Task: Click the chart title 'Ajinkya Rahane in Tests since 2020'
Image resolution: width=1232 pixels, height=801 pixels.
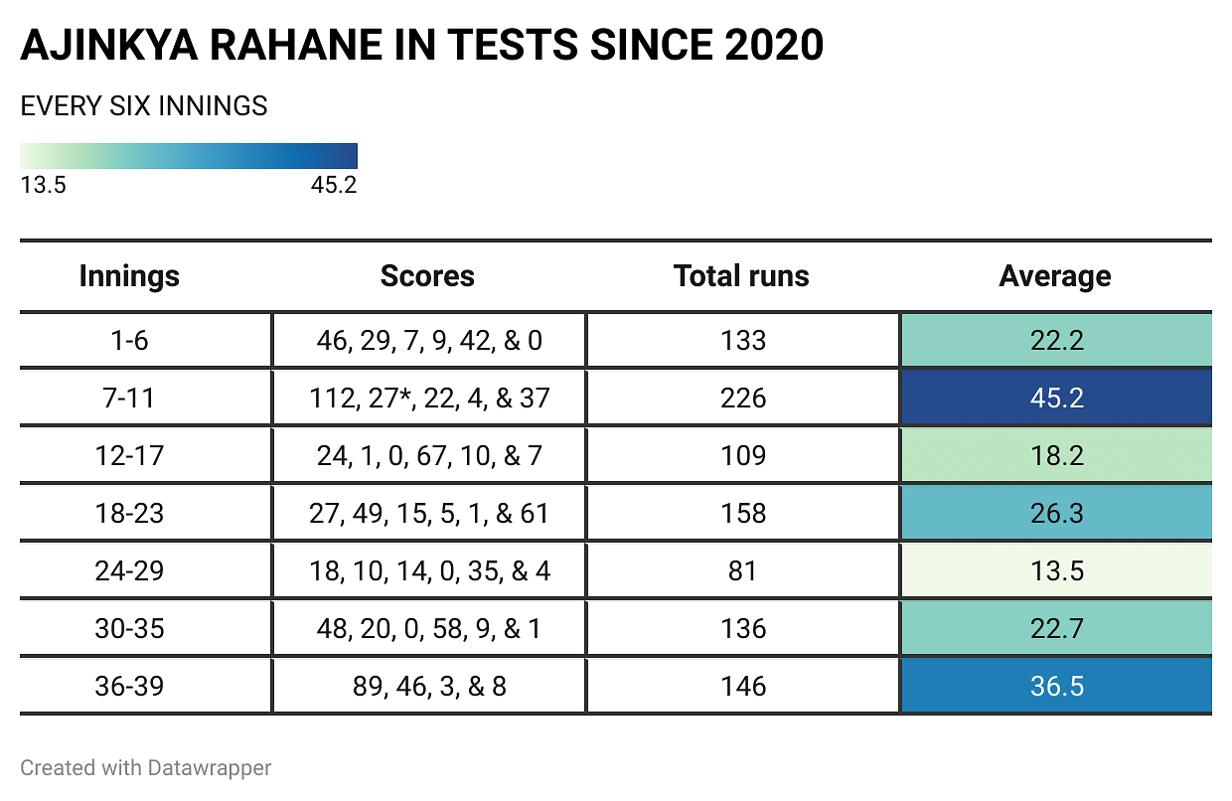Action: (x=421, y=46)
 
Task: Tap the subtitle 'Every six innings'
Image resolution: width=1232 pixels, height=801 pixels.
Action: (x=144, y=106)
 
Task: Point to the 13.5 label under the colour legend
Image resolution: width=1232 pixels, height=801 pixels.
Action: (x=43, y=186)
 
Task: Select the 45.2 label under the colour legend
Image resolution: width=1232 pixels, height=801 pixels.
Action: (x=334, y=186)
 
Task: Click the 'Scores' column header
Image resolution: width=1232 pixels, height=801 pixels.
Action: (x=427, y=276)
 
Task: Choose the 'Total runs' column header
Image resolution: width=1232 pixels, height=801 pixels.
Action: (x=741, y=276)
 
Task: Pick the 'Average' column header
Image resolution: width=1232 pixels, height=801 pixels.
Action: (x=1055, y=276)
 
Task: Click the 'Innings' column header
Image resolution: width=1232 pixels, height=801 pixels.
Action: (x=129, y=276)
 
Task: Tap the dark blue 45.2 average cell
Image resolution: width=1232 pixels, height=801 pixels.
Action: (x=1056, y=399)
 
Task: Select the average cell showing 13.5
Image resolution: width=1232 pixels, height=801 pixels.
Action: (x=1056, y=571)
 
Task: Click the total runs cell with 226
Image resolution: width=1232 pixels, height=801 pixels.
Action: (x=743, y=399)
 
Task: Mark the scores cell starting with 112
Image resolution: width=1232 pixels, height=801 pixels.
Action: (x=429, y=399)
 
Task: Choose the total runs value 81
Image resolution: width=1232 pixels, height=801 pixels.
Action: (x=743, y=571)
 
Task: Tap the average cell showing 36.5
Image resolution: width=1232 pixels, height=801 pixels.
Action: (x=1056, y=686)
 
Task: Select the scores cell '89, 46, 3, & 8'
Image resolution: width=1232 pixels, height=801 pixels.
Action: (x=429, y=686)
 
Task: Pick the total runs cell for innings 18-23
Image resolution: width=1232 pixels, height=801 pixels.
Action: (x=743, y=514)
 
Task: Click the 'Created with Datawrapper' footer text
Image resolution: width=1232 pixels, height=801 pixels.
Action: (x=146, y=768)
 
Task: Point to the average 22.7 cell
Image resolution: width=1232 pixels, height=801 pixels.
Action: (x=1056, y=629)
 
